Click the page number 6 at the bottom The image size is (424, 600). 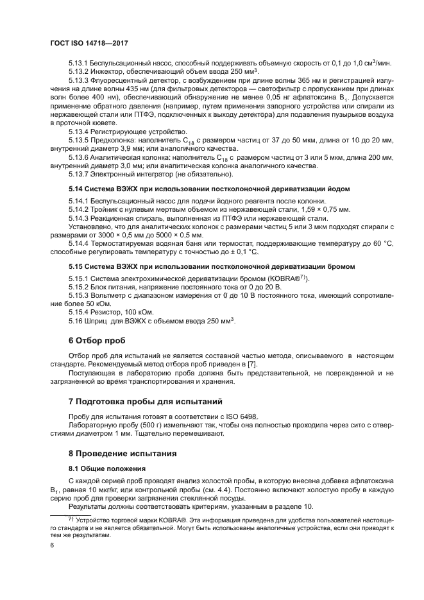click(x=52, y=544)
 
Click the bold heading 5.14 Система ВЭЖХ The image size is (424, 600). click(x=109, y=189)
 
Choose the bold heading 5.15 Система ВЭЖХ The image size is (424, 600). click(x=109, y=266)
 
